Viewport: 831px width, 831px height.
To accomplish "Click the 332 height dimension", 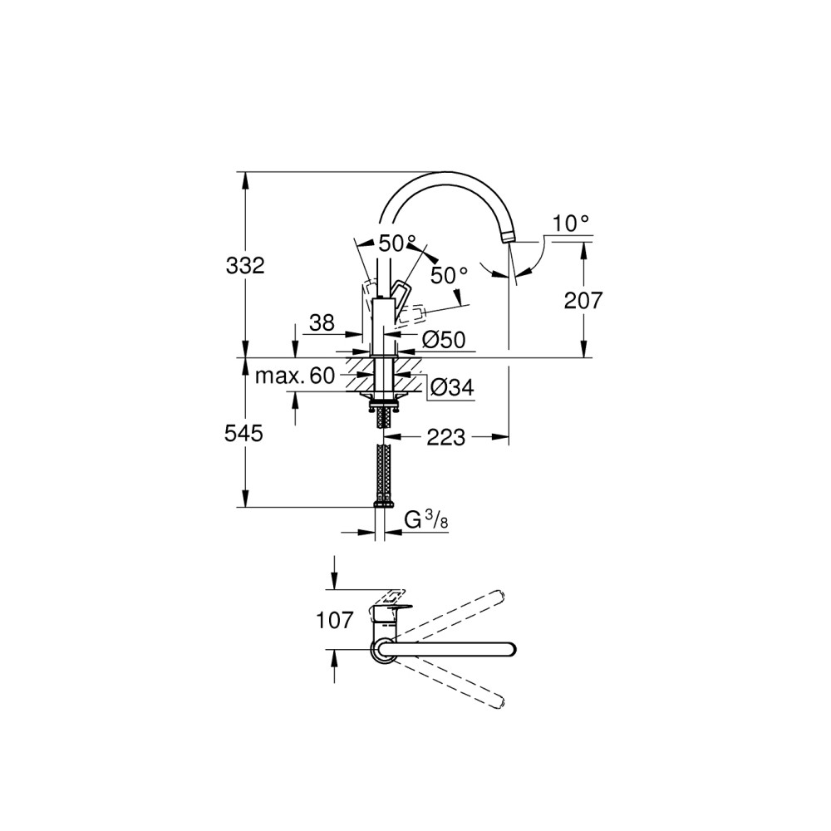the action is (x=245, y=266).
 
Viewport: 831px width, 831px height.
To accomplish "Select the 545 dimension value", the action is (x=243, y=434).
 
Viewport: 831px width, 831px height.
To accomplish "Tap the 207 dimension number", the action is (x=583, y=301).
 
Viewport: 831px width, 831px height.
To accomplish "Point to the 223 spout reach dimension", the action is (x=445, y=437).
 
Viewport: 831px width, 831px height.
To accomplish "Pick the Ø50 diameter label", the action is (x=444, y=339).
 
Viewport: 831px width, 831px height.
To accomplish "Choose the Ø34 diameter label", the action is (x=451, y=388).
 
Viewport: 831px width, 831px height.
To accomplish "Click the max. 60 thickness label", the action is (x=295, y=376).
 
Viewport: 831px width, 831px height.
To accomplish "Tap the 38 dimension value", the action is (x=322, y=322).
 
